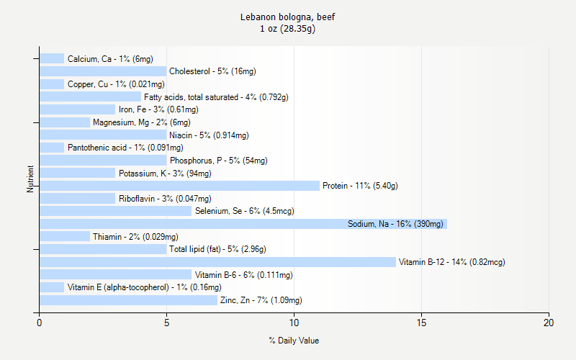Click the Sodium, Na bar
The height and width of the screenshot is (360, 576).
coord(243,224)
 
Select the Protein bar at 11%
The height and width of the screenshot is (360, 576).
coord(179,186)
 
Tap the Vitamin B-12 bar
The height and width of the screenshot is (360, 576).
coord(217,262)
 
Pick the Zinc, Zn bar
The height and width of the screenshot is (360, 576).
coord(128,300)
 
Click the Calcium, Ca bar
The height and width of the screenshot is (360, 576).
coord(52,58)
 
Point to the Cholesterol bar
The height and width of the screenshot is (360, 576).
coord(103,71)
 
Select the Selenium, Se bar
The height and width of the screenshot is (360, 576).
coord(115,211)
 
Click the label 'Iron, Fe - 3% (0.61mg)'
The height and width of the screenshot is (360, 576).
coord(158,109)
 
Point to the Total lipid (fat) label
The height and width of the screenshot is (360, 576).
coord(217,249)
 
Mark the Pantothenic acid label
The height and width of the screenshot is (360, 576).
coord(115,148)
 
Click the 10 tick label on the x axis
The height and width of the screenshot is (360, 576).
coord(294,323)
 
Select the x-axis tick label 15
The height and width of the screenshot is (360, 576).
coord(421,323)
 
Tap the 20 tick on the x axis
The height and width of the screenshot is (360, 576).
coord(549,323)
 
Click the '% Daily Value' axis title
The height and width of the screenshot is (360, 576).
coord(294,341)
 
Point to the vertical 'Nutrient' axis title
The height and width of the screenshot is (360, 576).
coord(30,179)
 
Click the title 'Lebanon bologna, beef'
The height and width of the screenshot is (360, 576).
coord(288,17)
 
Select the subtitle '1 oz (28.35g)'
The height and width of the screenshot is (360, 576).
coord(288,29)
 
